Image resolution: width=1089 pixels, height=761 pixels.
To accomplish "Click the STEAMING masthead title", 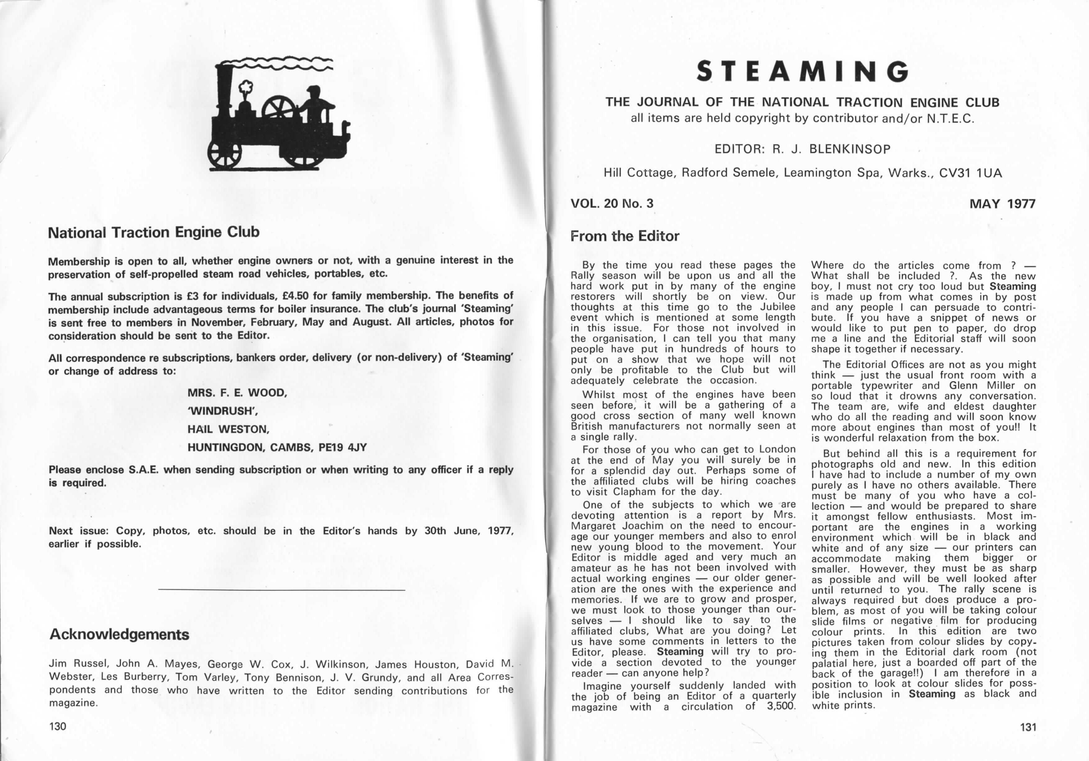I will click(x=802, y=72).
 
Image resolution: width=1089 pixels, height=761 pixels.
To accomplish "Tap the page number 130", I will click(x=58, y=726).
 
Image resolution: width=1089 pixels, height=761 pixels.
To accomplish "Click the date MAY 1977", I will click(x=1002, y=204).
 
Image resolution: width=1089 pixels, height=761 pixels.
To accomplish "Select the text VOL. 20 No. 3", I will click(x=612, y=203).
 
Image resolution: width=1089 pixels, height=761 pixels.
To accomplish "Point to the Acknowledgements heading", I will click(x=119, y=634).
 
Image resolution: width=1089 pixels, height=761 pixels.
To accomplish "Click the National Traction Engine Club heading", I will click(x=154, y=233).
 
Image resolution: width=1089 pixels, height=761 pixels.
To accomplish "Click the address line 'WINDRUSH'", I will click(x=223, y=411).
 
